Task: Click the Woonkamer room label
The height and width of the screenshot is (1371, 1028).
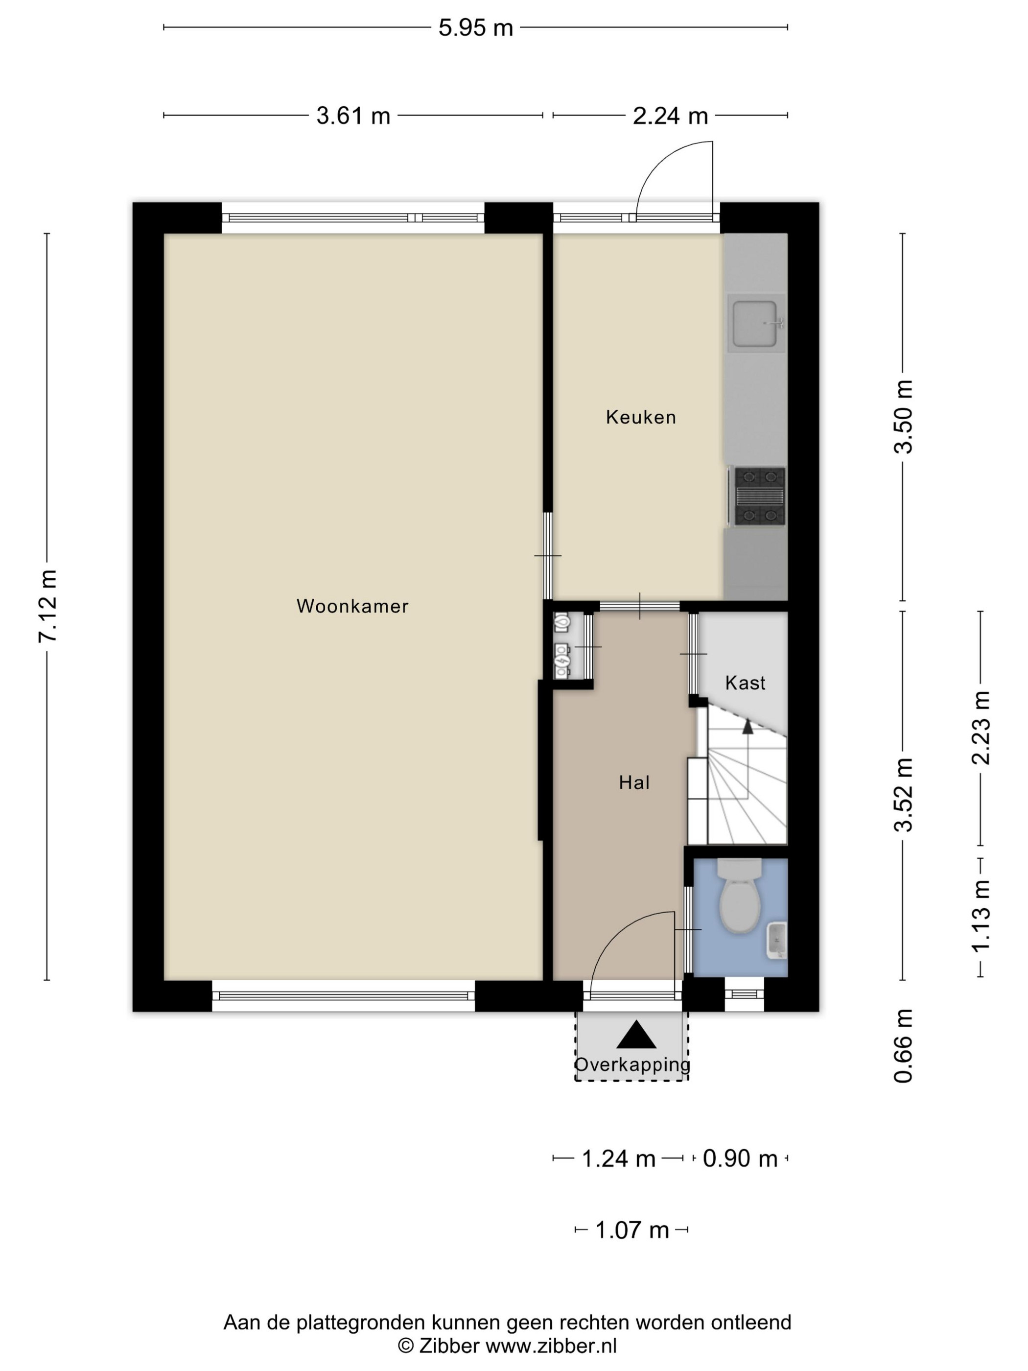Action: click(x=352, y=606)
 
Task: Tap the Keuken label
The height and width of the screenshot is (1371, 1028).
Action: click(x=640, y=417)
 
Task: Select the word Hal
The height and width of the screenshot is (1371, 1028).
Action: click(x=634, y=783)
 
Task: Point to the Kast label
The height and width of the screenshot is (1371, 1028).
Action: click(x=745, y=683)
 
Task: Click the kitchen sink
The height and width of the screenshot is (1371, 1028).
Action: click(x=755, y=324)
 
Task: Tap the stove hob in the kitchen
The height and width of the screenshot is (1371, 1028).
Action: click(x=760, y=496)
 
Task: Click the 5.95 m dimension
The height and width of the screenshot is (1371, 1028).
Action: click(x=476, y=28)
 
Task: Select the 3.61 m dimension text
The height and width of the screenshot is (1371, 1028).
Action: click(x=353, y=116)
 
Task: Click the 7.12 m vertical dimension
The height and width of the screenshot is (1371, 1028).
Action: click(x=47, y=606)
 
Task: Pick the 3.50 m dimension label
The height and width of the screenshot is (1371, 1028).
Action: click(x=904, y=417)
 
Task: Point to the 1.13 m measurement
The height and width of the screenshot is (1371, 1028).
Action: click(x=981, y=916)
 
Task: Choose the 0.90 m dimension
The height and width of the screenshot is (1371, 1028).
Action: click(x=740, y=1158)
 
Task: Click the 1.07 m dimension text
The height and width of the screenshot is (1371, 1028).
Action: click(x=632, y=1230)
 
